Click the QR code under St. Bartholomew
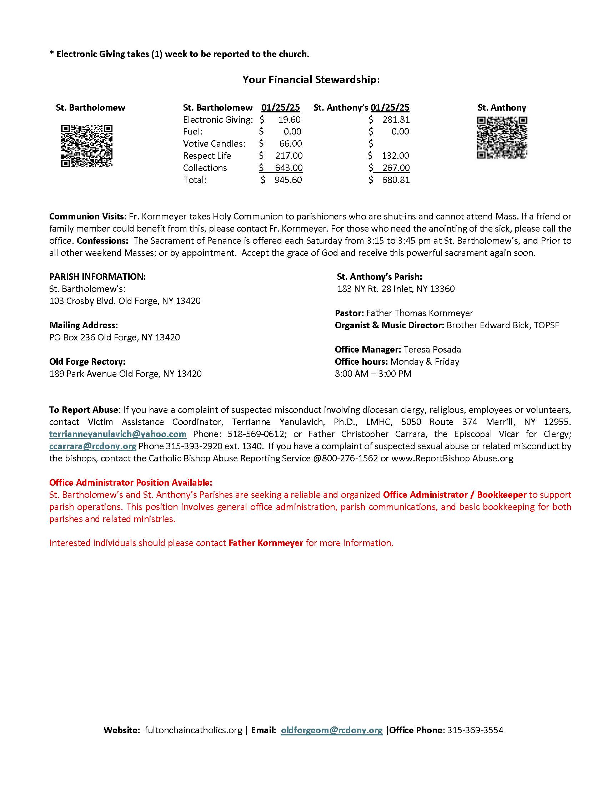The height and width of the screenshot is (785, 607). coord(87,146)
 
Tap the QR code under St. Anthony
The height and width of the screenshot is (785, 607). coord(502,137)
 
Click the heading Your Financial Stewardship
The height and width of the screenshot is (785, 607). coord(311,80)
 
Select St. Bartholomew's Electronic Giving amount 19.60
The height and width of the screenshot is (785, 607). coord(290,120)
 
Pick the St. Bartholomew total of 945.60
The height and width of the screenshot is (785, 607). coord(288,180)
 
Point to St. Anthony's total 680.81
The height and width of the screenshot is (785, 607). coord(396,180)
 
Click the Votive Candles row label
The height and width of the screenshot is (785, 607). coord(214,144)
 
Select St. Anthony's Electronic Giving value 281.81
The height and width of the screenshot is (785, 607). coord(396,120)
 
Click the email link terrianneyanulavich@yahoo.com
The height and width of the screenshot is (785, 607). coord(117,434)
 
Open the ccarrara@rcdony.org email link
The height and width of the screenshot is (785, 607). coord(93,446)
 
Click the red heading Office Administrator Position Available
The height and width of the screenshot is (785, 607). coord(131,482)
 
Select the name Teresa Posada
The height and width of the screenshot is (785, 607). coord(432,349)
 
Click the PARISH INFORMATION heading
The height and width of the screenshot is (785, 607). coord(97,277)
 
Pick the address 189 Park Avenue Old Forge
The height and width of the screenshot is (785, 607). coord(125,374)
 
